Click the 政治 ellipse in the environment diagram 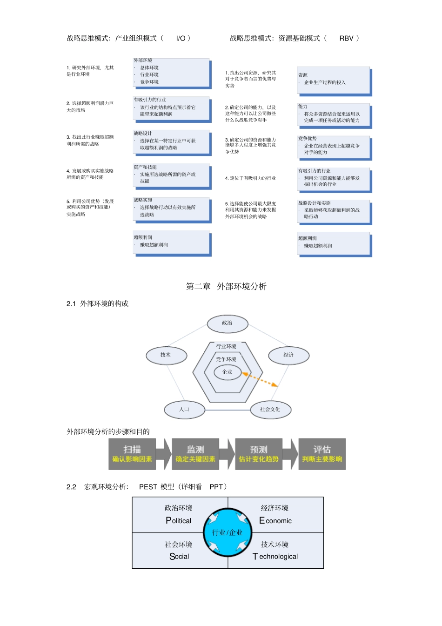[x=227, y=323]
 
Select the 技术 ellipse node [x=166, y=355]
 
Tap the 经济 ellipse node [x=288, y=355]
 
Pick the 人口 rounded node [x=184, y=410]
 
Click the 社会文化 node [x=270, y=410]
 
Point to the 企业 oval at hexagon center [x=227, y=372]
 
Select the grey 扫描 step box [x=132, y=454]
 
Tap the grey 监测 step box [x=195, y=454]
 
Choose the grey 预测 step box [x=259, y=454]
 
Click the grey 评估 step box [x=322, y=454]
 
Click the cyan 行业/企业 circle [x=228, y=532]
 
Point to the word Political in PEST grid [x=179, y=521]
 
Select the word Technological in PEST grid [x=275, y=557]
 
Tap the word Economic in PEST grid [x=275, y=521]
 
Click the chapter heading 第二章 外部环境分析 [x=226, y=287]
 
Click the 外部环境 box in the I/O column [x=171, y=73]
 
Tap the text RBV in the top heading [x=346, y=39]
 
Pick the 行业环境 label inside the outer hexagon [x=226, y=347]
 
